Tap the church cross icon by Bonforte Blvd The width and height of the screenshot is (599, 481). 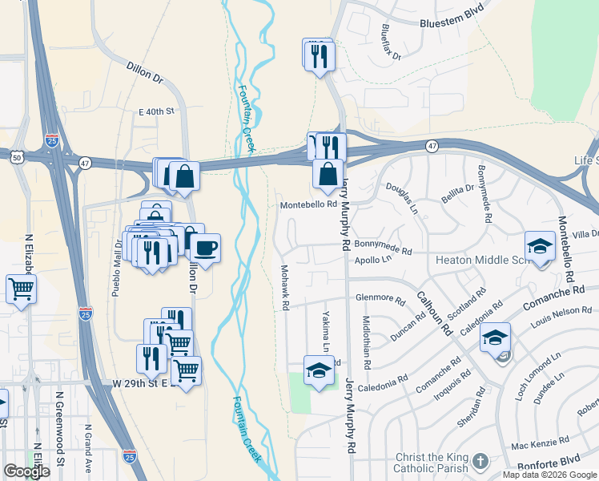click(x=480, y=461)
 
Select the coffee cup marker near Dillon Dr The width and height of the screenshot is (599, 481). click(x=205, y=248)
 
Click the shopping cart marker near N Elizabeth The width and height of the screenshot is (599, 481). click(x=21, y=289)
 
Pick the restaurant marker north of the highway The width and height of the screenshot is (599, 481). click(x=318, y=55)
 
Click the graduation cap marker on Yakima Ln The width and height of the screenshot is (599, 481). click(x=319, y=370)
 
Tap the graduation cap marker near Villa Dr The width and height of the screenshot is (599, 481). click(x=541, y=246)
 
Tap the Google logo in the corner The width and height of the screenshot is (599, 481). click(x=26, y=471)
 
